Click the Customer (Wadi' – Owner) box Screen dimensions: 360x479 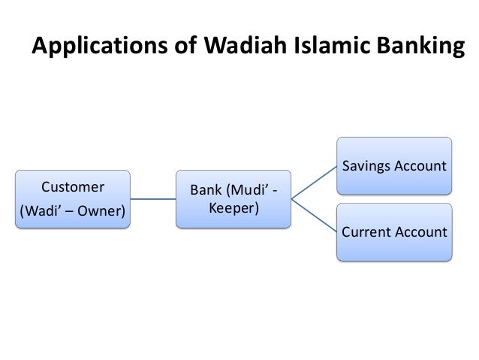[x=73, y=198]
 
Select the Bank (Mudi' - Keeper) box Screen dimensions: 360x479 [x=233, y=198]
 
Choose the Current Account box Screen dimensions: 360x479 [x=395, y=232]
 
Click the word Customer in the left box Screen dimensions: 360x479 [x=73, y=186]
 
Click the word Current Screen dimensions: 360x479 [x=366, y=232]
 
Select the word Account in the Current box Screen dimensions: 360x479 [x=420, y=232]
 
